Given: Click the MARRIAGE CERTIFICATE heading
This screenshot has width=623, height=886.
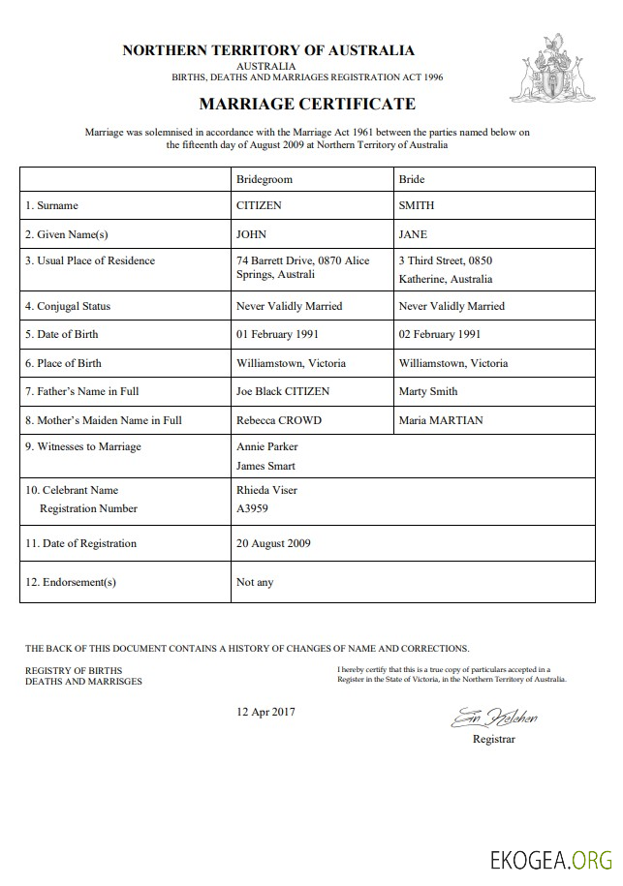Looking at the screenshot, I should coord(307,104).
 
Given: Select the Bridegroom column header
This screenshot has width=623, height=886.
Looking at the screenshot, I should coord(264,179).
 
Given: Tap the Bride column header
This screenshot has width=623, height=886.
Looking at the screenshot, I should coord(412,179).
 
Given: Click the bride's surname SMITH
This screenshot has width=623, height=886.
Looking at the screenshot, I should coord(417,205).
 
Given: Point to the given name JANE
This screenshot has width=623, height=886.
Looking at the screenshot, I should coord(413,234).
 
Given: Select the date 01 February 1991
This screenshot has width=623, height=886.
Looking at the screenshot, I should coord(277,334).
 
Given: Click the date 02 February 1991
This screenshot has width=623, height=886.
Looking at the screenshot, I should coord(440,334).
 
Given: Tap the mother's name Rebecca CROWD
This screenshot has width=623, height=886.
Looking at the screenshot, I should coord(279,420).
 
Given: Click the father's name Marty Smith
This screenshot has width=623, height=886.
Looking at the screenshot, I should coord(428,391).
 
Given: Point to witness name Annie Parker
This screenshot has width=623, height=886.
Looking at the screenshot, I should coord(267,446).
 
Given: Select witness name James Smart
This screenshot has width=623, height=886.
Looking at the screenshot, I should coord(266,466).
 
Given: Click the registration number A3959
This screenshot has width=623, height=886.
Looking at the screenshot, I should coord(252,508).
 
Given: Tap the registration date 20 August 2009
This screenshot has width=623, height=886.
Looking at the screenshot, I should coord(274,543).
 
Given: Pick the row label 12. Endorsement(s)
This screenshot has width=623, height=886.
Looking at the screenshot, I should coord(71,582).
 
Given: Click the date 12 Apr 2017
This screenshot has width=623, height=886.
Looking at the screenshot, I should coord(266,712).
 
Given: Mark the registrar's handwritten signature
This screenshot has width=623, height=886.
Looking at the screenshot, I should coord(493,718).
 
